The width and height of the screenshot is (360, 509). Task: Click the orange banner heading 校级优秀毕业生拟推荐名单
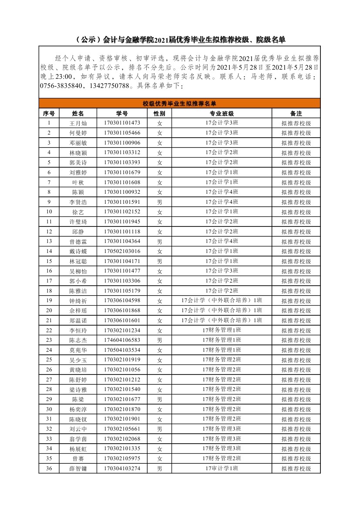pyautogui.click(x=179, y=104)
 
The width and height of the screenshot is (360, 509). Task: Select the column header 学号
pyautogui.click(x=122, y=113)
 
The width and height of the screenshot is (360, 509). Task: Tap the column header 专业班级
pyautogui.click(x=222, y=113)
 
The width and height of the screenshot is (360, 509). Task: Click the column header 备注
pyautogui.click(x=296, y=113)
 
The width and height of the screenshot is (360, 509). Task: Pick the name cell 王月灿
pyautogui.click(x=78, y=123)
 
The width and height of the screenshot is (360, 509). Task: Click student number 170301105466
pyautogui.click(x=122, y=133)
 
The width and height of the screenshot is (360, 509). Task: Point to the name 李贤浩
pyautogui.click(x=78, y=202)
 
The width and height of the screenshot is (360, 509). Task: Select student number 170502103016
pyautogui.click(x=122, y=251)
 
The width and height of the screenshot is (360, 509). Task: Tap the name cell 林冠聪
pyautogui.click(x=78, y=261)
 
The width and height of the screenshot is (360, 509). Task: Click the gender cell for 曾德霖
pyautogui.click(x=159, y=242)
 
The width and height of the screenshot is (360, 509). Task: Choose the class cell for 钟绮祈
pyautogui.click(x=222, y=301)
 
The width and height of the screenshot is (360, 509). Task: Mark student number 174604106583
pyautogui.click(x=122, y=340)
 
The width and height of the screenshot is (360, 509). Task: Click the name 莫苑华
pyautogui.click(x=78, y=350)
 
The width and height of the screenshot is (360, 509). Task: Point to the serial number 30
pyautogui.click(x=49, y=409)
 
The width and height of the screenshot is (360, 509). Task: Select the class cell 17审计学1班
pyautogui.click(x=222, y=469)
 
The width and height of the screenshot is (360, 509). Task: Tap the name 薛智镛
pyautogui.click(x=78, y=469)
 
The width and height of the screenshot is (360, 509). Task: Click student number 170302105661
pyautogui.click(x=122, y=429)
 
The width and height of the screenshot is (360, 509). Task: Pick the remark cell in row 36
pyautogui.click(x=296, y=469)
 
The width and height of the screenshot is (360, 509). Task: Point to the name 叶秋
pyautogui.click(x=78, y=182)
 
